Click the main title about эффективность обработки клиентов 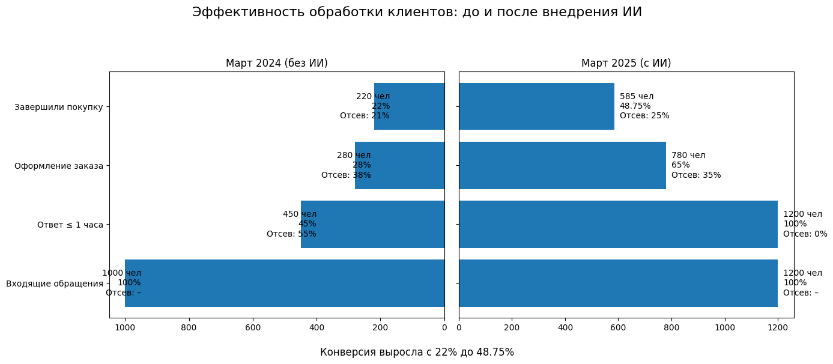point(417,12)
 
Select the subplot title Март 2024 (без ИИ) point(276,63)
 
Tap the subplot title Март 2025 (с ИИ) point(626,63)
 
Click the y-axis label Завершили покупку point(59,107)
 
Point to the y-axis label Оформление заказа point(59,166)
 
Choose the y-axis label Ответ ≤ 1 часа point(70,225)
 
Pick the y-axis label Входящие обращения point(55,284)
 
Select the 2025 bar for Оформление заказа point(562,165)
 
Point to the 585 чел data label point(637,96)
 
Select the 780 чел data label point(688,155)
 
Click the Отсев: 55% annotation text point(291,234)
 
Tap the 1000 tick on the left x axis point(125,327)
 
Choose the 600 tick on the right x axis point(618,327)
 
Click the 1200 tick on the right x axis point(778,327)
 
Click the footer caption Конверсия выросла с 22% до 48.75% point(417,352)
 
